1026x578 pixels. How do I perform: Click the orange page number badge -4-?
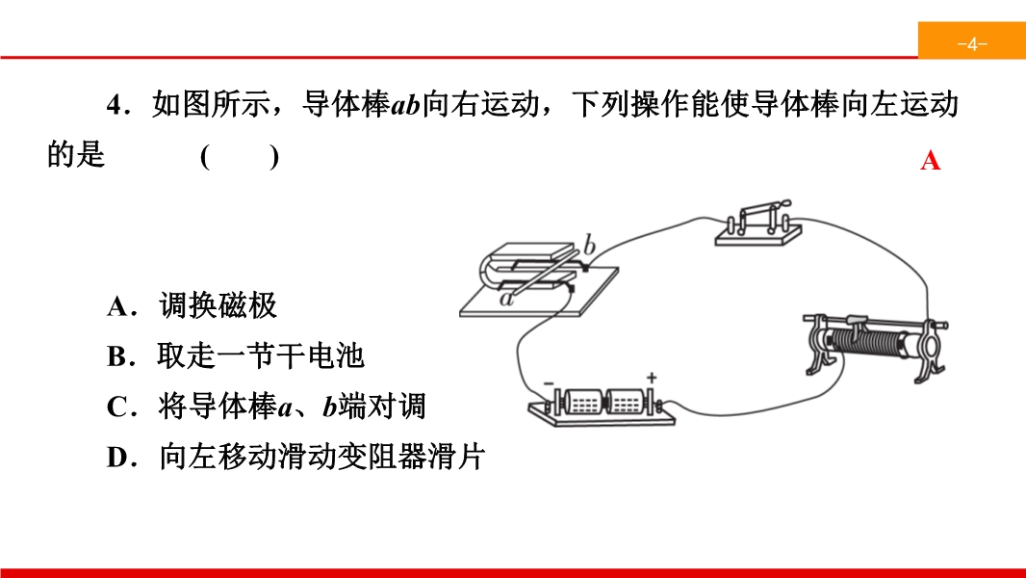click(972, 40)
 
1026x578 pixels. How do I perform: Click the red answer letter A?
click(930, 160)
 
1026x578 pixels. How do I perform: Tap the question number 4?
click(115, 105)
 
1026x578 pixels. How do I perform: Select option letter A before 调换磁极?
click(118, 306)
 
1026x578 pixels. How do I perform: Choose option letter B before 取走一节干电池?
click(117, 356)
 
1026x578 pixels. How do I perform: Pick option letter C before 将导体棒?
click(117, 407)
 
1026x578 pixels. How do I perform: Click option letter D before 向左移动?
click(118, 458)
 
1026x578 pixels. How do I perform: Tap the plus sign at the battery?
click(651, 378)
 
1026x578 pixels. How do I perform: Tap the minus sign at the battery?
click(549, 383)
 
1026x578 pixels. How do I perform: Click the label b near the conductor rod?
click(589, 245)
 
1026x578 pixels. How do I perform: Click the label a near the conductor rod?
click(506, 300)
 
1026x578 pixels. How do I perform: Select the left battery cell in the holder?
click(581, 402)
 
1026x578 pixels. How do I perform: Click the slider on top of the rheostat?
click(858, 320)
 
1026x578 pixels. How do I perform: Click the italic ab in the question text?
click(405, 105)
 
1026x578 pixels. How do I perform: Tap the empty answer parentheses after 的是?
click(240, 157)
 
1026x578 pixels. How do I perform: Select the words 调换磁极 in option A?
click(218, 305)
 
